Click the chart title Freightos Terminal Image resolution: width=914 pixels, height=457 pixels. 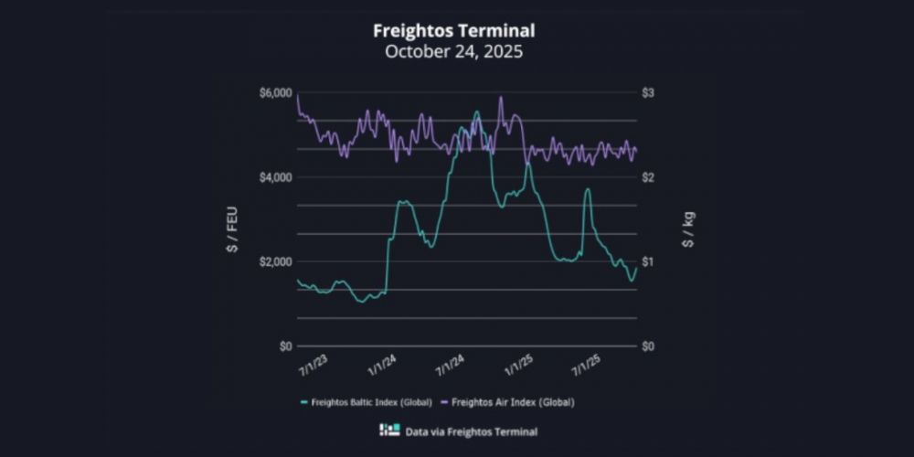click(453, 30)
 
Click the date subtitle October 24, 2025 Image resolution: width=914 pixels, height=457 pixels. click(453, 51)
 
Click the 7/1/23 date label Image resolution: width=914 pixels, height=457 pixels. click(314, 366)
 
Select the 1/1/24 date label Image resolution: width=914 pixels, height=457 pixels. click(382, 366)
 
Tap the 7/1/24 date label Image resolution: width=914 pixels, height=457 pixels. click(451, 366)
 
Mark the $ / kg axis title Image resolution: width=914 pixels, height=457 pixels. click(687, 229)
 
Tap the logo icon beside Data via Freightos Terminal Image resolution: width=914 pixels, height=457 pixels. click(389, 430)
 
